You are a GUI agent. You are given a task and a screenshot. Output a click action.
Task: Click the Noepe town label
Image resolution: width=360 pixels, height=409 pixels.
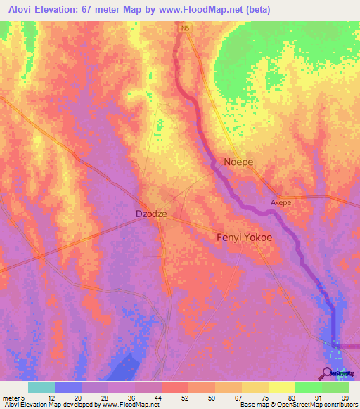[238, 162]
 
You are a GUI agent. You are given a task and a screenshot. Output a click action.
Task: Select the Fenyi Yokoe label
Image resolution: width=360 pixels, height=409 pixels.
[243, 238]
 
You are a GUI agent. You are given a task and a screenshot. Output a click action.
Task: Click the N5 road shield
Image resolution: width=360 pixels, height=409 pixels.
[185, 28]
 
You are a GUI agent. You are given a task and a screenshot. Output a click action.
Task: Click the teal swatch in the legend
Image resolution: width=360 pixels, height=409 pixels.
[41, 387]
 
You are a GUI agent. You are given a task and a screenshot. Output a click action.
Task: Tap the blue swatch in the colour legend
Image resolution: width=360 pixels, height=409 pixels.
[68, 387]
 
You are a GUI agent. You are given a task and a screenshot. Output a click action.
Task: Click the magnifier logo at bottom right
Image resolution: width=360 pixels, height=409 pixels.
[328, 372]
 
